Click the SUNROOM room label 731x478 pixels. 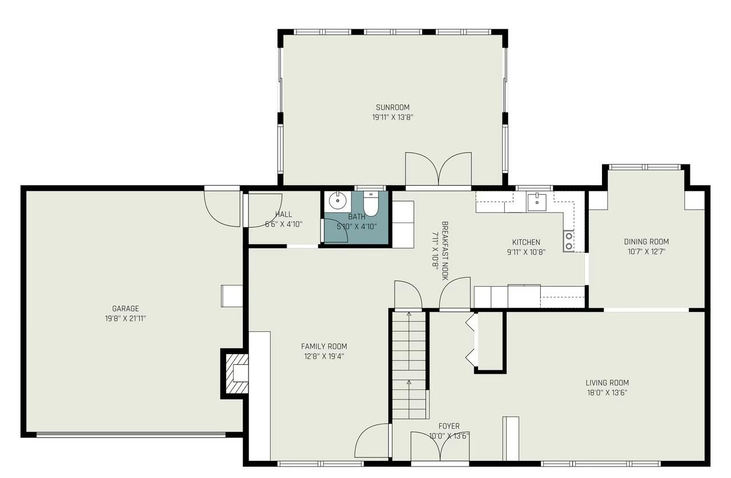pyautogui.click(x=392, y=107)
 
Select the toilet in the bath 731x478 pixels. pyautogui.click(x=371, y=205)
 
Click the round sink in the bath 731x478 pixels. pyautogui.click(x=338, y=200)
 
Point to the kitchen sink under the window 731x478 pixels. pyautogui.click(x=536, y=202)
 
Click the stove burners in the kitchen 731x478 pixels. pyautogui.click(x=569, y=241)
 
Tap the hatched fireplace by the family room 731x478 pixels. pyautogui.click(x=236, y=373)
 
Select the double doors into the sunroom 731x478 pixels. pyautogui.click(x=438, y=170)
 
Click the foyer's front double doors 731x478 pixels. pyautogui.click(x=440, y=447)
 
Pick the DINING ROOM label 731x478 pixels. pyautogui.click(x=646, y=242)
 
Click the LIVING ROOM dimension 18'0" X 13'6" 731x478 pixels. pyautogui.click(x=607, y=392)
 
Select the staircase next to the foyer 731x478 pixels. pyautogui.click(x=409, y=365)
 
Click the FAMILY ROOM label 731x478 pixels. pyautogui.click(x=324, y=346)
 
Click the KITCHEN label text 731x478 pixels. pyautogui.click(x=525, y=242)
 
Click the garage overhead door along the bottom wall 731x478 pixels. pyautogui.click(x=131, y=435)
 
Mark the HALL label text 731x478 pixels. pyautogui.click(x=283, y=215)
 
